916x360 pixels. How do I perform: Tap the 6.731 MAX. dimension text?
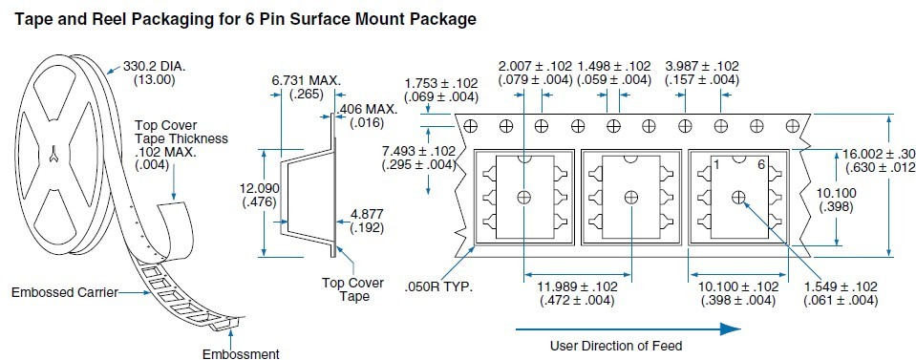pyautogui.click(x=306, y=80)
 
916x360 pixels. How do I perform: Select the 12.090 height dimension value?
pyautogui.click(x=260, y=189)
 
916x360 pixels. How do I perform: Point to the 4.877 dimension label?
pyautogui.click(x=367, y=215)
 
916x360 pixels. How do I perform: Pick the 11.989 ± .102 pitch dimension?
pyautogui.click(x=577, y=286)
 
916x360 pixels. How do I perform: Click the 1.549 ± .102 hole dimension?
pyautogui.click(x=841, y=286)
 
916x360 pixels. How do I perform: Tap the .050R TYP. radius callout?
pyautogui.click(x=438, y=287)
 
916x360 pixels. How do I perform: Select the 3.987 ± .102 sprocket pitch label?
pyautogui.click(x=702, y=66)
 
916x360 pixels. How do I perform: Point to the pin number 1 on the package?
pyautogui.click(x=716, y=166)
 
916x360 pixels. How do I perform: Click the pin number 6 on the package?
pyautogui.click(x=760, y=165)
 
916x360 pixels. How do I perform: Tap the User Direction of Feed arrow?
pyautogui.click(x=628, y=329)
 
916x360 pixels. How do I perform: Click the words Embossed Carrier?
pyautogui.click(x=65, y=292)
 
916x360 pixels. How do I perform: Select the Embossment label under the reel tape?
pyautogui.click(x=241, y=353)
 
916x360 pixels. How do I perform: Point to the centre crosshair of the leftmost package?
pyautogui.click(x=523, y=198)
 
